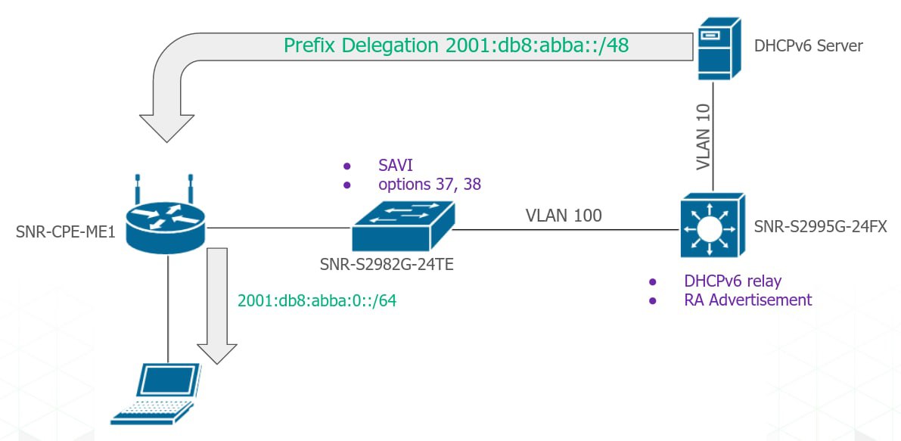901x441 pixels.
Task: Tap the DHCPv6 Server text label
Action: pyautogui.click(x=808, y=47)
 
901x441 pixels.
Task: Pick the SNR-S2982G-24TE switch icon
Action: pyautogui.click(x=402, y=226)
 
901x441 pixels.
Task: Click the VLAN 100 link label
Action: pyautogui.click(x=564, y=216)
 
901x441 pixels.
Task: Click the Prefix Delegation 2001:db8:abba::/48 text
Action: pyautogui.click(x=457, y=45)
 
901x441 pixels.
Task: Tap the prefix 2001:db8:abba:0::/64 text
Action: pyautogui.click(x=317, y=300)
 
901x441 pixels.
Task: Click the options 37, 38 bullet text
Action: pyautogui.click(x=430, y=183)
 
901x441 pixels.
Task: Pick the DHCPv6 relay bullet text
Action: pyautogui.click(x=732, y=281)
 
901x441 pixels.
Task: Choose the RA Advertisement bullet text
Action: pyautogui.click(x=747, y=300)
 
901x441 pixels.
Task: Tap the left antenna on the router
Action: pyautogui.click(x=138, y=189)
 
